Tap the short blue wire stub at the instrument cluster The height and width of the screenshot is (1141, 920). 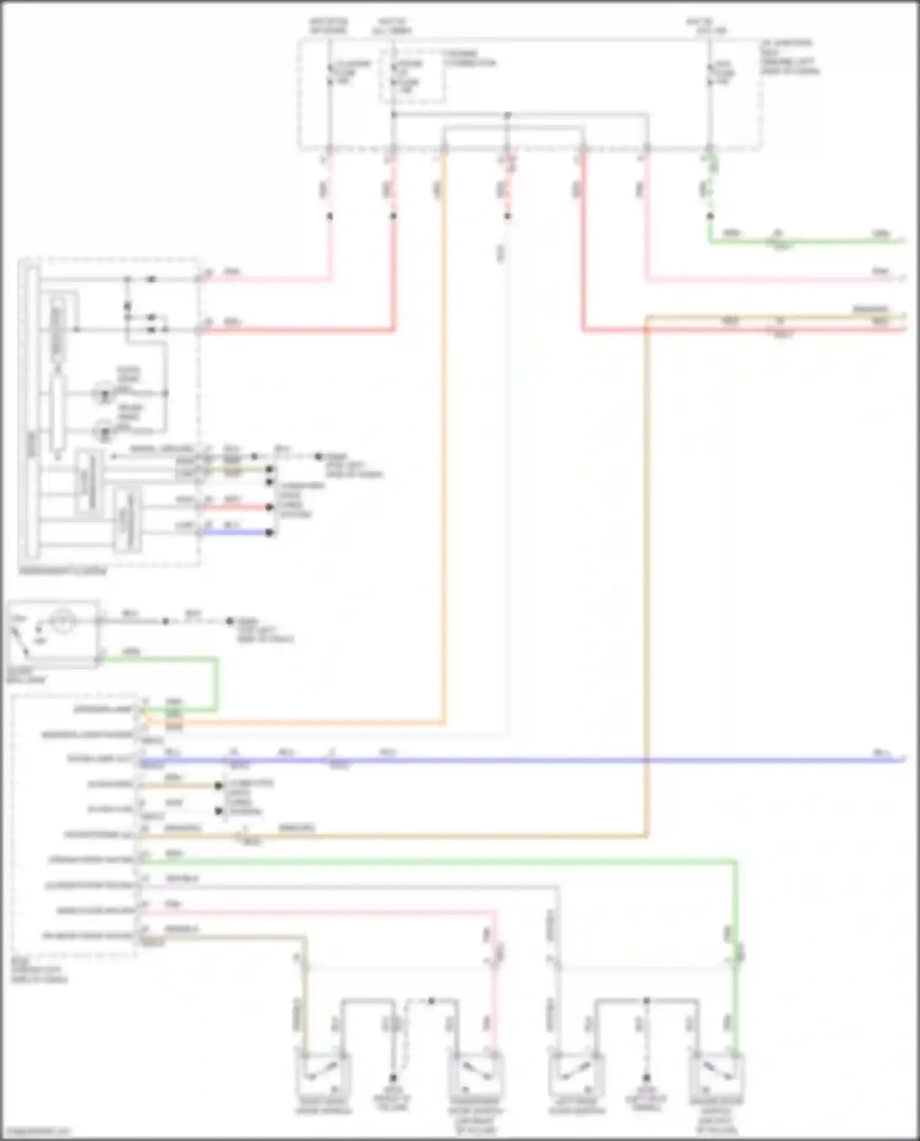(x=236, y=532)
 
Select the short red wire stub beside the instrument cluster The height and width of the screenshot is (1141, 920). (x=236, y=507)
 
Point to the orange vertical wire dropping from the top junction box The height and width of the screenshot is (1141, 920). (x=443, y=429)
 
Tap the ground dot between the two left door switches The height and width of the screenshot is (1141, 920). (x=393, y=1077)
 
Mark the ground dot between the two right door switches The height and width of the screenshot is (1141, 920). (x=646, y=1077)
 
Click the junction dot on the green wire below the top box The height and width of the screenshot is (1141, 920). (x=710, y=216)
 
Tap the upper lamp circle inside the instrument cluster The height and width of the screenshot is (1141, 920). (x=104, y=393)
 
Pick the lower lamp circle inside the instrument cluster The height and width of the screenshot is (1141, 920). (x=104, y=430)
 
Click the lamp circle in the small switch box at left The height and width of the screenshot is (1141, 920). (x=62, y=622)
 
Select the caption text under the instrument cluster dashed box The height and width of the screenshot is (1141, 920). (x=62, y=571)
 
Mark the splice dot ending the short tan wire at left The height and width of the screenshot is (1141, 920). (x=218, y=785)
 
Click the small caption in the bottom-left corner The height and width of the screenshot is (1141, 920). (x=36, y=1131)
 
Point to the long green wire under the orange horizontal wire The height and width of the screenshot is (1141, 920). (x=429, y=861)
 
